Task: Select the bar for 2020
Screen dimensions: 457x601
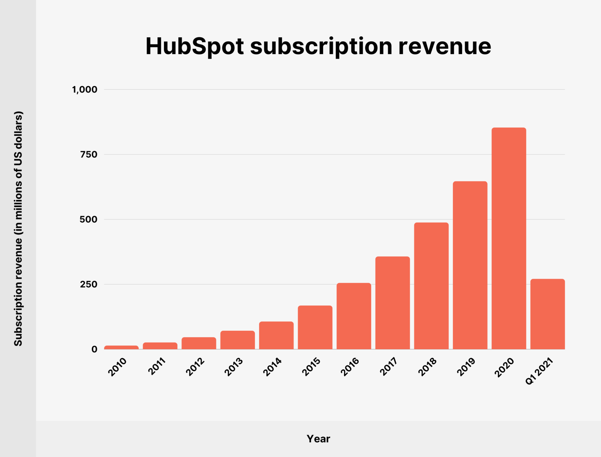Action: pos(509,238)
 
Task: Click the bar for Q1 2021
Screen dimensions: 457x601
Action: pos(547,314)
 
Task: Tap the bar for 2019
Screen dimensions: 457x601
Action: pos(470,265)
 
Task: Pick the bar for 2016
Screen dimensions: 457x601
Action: pos(354,316)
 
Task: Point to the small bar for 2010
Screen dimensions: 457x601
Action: pos(121,347)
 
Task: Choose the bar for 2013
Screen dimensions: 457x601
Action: pos(238,340)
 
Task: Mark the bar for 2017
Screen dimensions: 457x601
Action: pos(393,303)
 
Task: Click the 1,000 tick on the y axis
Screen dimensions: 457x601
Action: pos(85,90)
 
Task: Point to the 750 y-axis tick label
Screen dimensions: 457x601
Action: pos(89,154)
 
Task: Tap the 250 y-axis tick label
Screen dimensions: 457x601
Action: pos(89,284)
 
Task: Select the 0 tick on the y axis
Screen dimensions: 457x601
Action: pos(94,349)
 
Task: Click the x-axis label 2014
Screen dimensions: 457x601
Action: pos(272,367)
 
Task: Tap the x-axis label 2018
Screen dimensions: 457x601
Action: pos(427,367)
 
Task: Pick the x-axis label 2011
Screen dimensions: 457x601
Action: pos(157,366)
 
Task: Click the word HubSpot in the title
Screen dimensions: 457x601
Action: pos(194,46)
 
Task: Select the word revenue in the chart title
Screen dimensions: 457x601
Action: pos(444,46)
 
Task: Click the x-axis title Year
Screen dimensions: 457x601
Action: pos(318,439)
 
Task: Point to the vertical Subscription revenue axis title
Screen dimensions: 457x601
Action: pos(18,229)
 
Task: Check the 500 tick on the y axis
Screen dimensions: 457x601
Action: pos(89,219)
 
